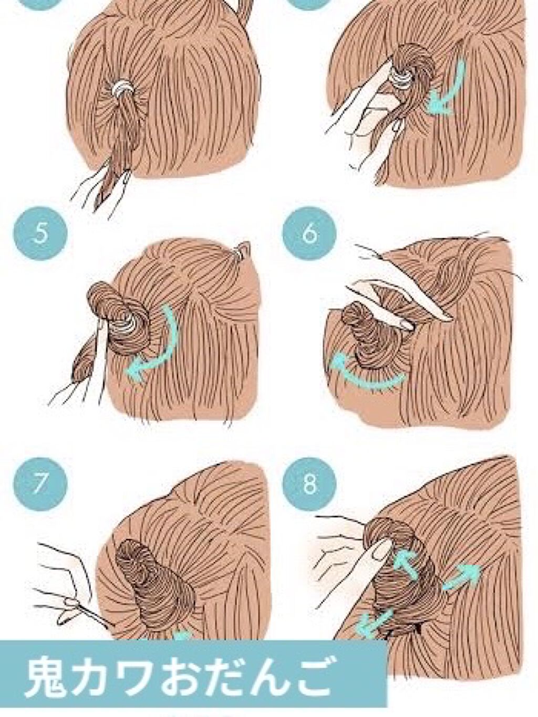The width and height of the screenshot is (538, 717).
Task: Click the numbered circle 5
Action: tap(40, 234)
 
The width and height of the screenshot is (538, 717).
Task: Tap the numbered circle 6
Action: tap(309, 234)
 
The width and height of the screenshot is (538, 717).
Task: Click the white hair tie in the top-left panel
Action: tap(122, 87)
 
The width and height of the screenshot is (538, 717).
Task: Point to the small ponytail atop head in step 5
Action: tap(243, 250)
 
